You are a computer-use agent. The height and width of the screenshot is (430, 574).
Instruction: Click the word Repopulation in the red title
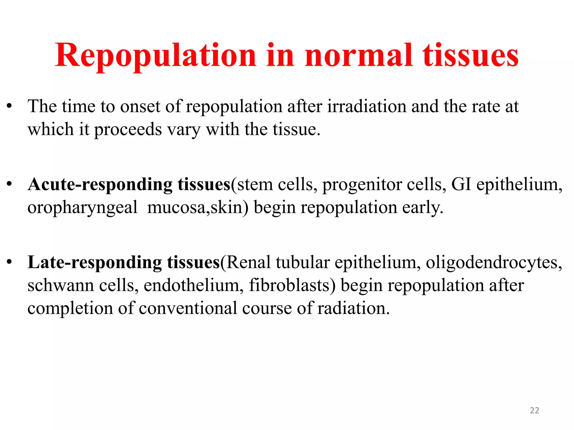pyautogui.click(x=156, y=55)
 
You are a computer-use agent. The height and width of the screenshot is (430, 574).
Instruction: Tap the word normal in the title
pyautogui.click(x=359, y=55)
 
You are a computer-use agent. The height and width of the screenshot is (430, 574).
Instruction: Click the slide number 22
pyautogui.click(x=534, y=410)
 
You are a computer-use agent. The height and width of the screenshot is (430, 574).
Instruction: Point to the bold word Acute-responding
pyautogui.click(x=100, y=185)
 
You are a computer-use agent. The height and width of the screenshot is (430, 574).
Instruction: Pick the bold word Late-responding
pyautogui.click(x=94, y=263)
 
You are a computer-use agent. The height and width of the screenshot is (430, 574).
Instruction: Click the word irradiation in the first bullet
pyautogui.click(x=367, y=106)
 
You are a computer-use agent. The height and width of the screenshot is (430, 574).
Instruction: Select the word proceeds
pyautogui.click(x=128, y=130)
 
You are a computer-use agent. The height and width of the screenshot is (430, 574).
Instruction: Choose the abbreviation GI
pyautogui.click(x=461, y=184)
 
